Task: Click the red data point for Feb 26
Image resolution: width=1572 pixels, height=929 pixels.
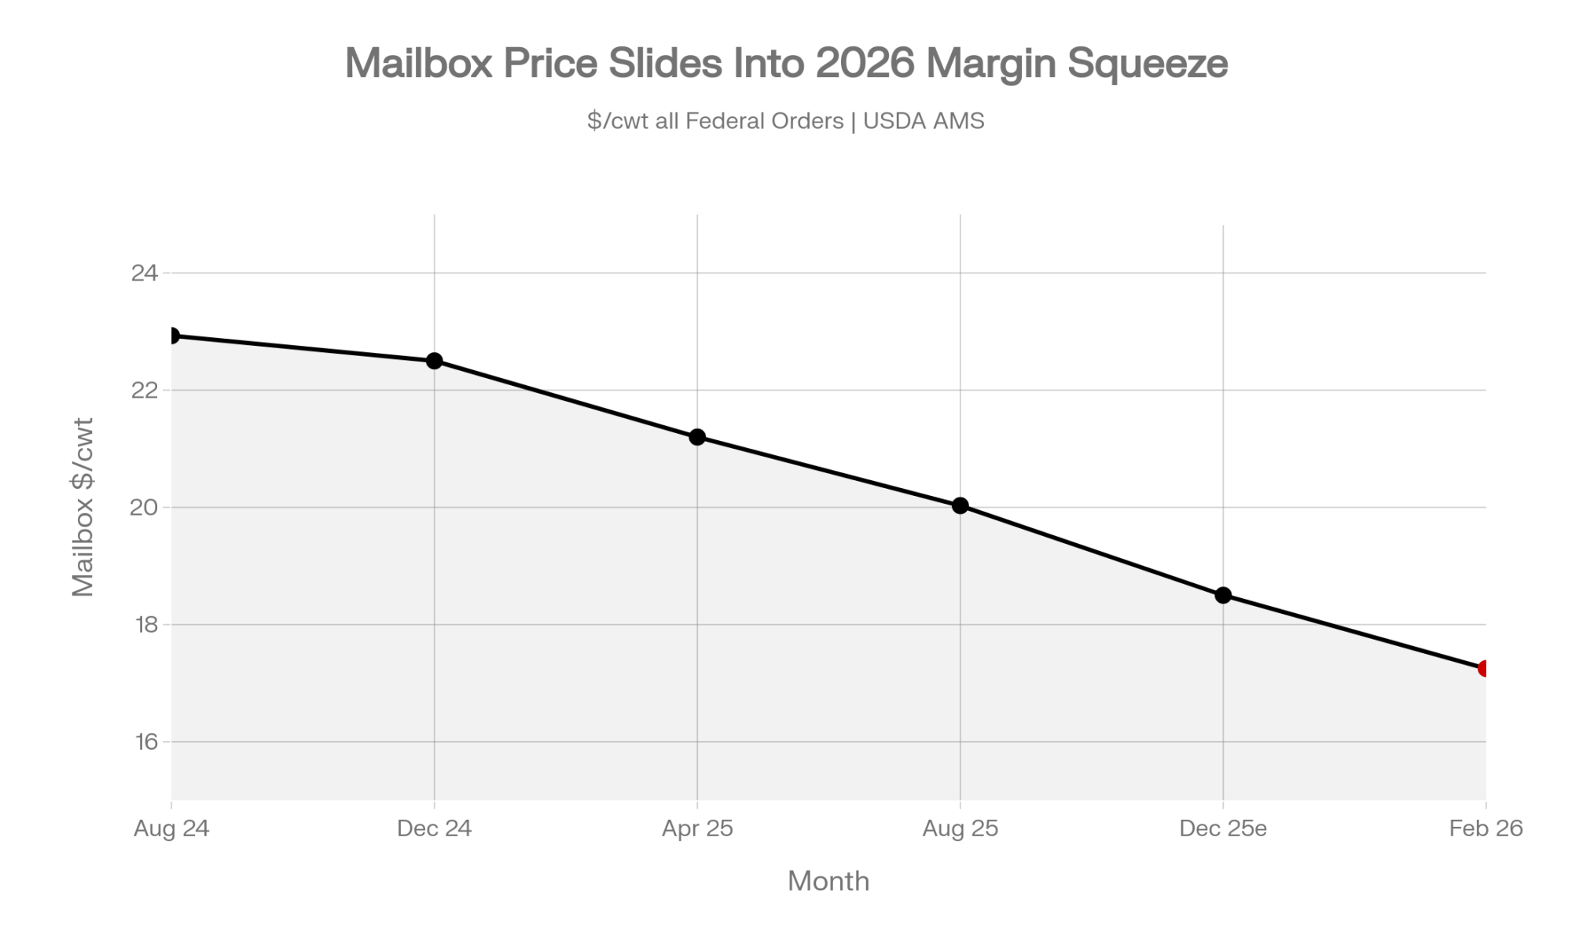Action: click(x=1485, y=668)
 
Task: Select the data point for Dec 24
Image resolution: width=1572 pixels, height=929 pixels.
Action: click(x=434, y=361)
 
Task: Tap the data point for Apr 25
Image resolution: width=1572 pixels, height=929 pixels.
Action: click(x=697, y=437)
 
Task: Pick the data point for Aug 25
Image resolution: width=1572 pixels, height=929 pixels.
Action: click(x=960, y=505)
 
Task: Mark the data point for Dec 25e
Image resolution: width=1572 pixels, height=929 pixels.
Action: click(x=1223, y=595)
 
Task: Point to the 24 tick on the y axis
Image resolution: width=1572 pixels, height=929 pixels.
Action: click(x=145, y=274)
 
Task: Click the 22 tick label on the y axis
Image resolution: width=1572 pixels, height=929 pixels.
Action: click(x=145, y=391)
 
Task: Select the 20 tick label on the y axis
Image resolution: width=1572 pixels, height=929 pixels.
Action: click(x=145, y=508)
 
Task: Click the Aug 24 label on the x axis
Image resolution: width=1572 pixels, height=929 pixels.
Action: click(x=171, y=828)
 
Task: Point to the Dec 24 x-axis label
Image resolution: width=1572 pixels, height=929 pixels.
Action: click(x=434, y=828)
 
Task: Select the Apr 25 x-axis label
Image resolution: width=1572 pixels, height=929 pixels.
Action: click(x=697, y=828)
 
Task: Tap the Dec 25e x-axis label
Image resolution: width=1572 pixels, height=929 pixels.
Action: click(x=1223, y=828)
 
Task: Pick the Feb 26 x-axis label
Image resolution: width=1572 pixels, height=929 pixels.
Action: click(x=1486, y=828)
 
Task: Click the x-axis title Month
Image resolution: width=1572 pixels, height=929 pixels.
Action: click(x=828, y=881)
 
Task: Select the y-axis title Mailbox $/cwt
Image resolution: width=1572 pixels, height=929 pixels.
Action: click(x=83, y=507)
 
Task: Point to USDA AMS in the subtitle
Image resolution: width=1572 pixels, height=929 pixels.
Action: click(x=924, y=121)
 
